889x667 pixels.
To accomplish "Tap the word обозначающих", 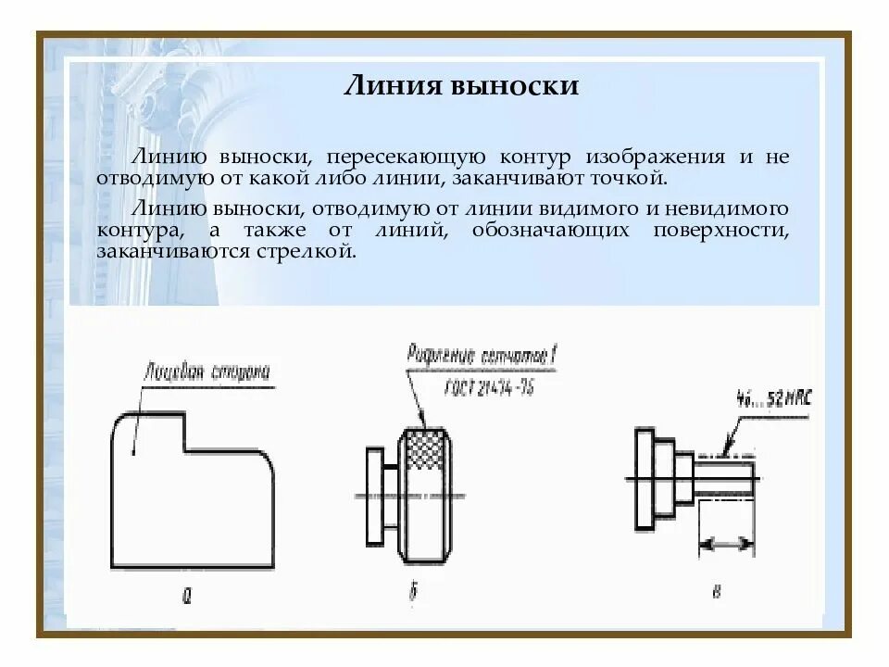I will click(x=538, y=230).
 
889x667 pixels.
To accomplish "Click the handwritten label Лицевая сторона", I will click(x=207, y=373).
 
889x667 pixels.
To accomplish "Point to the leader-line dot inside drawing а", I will click(x=134, y=453).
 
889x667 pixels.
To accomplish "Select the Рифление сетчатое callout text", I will click(x=482, y=357).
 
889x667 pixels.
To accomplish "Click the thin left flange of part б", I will click(x=374, y=496).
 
